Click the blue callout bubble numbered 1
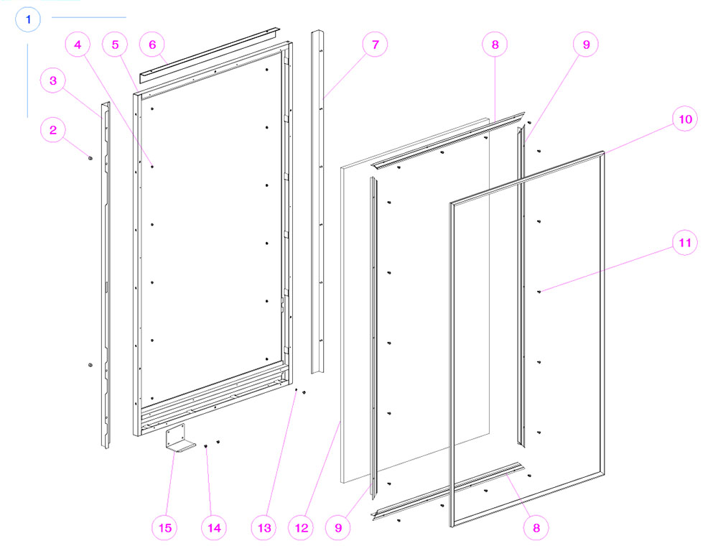click(28, 19)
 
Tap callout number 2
click(53, 129)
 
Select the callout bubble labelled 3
click(53, 80)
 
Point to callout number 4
click(78, 45)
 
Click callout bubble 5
click(115, 45)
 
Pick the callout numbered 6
click(152, 45)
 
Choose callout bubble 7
click(375, 45)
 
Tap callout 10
click(685, 119)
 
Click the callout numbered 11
click(685, 242)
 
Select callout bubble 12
click(302, 527)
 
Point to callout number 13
click(264, 527)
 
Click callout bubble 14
click(214, 527)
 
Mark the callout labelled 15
click(165, 527)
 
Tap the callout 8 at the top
click(495, 45)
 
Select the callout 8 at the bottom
click(536, 527)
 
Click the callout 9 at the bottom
click(338, 527)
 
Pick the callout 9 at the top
click(586, 45)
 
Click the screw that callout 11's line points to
click(539, 292)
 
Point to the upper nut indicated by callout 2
click(90, 158)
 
